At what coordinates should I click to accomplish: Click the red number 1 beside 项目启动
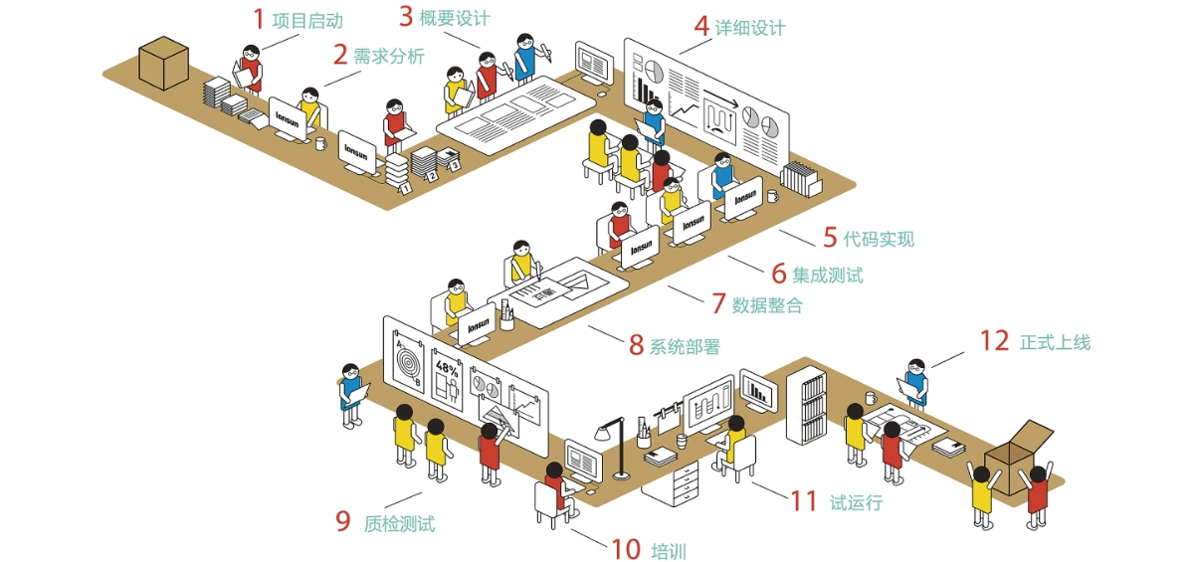pos(259,19)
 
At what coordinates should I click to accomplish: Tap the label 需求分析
pos(388,56)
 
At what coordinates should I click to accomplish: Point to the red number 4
pos(701,27)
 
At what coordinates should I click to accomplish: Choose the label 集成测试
pos(828,275)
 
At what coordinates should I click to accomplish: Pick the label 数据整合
pos(767,305)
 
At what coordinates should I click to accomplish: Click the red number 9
pos(343,521)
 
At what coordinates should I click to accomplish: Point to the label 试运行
pos(856,502)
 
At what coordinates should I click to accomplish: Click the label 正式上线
pos(1055,342)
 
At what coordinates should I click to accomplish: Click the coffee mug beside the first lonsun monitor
pos(320,143)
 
